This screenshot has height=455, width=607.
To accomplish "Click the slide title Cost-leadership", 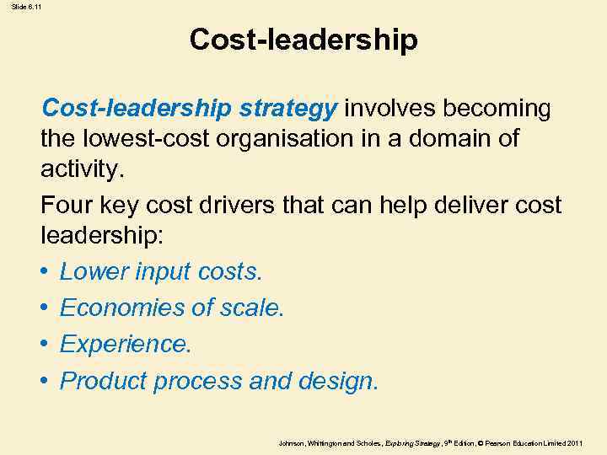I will pyautogui.click(x=303, y=40).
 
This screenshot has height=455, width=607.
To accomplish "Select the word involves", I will pyautogui.click(x=390, y=109).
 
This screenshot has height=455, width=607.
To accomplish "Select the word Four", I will pyautogui.click(x=64, y=206).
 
